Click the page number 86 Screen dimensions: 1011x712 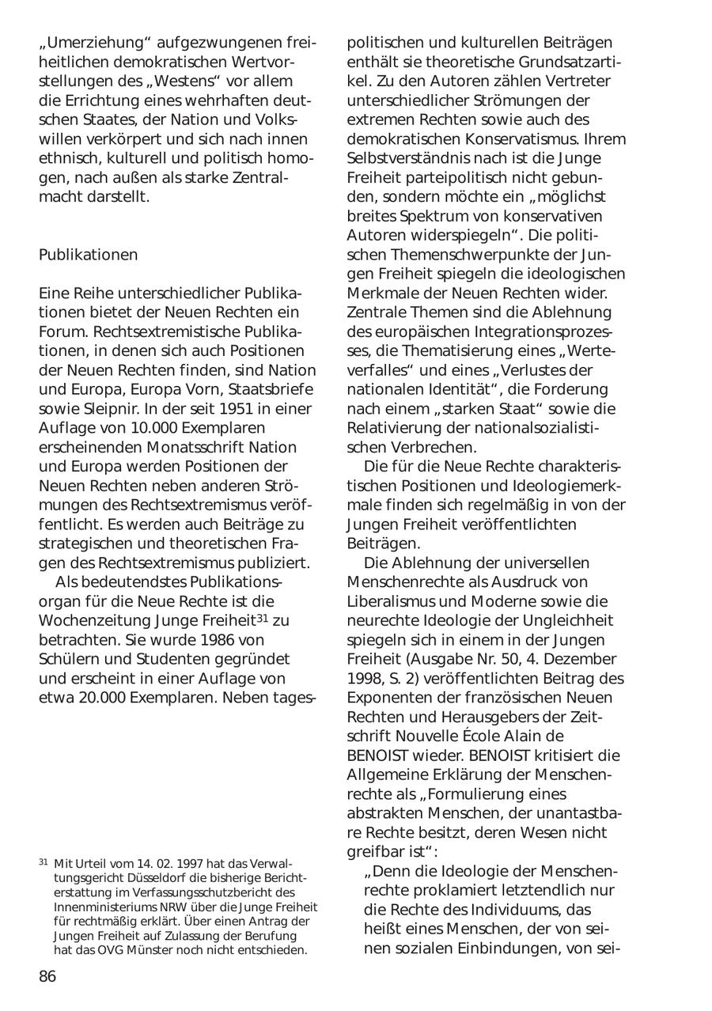point(47,976)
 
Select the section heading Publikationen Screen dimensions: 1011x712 point(88,255)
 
